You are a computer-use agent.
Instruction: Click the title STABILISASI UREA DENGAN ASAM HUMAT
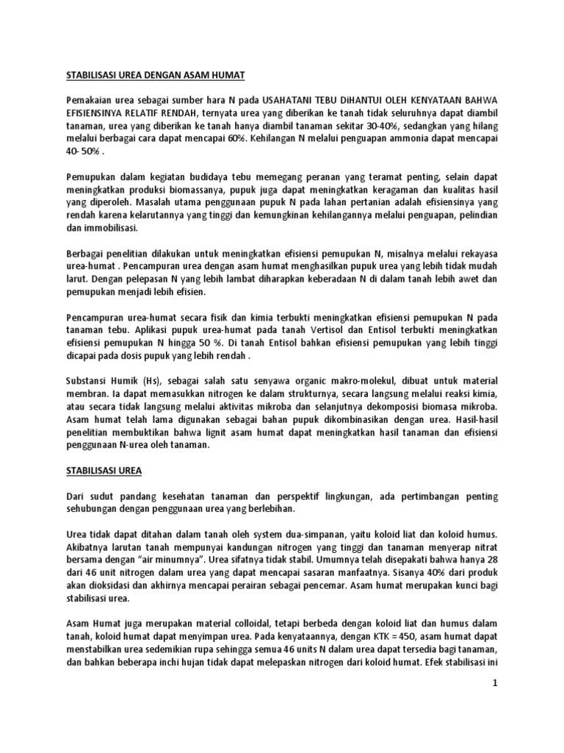point(155,75)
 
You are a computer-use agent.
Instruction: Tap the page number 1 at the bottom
point(496,683)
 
